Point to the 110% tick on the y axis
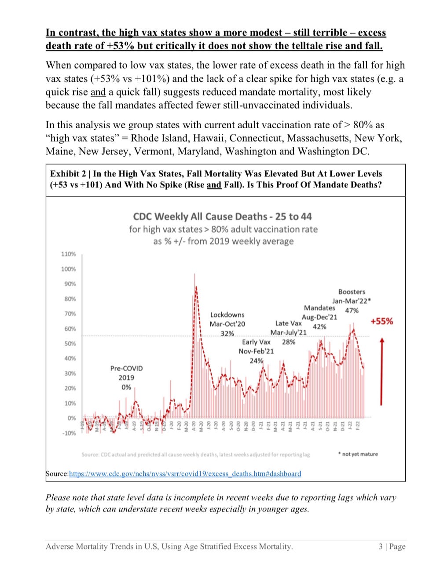pyautogui.click(x=68, y=254)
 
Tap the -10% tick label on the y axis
pyautogui.click(x=68, y=433)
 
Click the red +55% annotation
pyautogui.click(x=381, y=321)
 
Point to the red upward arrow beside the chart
pyautogui.click(x=381, y=372)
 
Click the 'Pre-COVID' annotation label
pyautogui.click(x=126, y=368)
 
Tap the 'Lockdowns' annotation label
pyautogui.click(x=227, y=315)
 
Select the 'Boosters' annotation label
pyautogui.click(x=352, y=292)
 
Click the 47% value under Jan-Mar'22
pyautogui.click(x=352, y=311)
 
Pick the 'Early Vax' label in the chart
pyautogui.click(x=256, y=342)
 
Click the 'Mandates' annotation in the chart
pyautogui.click(x=319, y=308)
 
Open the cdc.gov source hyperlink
pyautogui.click(x=185, y=474)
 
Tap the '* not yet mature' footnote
pyautogui.click(x=357, y=454)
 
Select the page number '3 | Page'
pyautogui.click(x=392, y=547)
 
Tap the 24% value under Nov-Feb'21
pyautogui.click(x=256, y=361)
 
